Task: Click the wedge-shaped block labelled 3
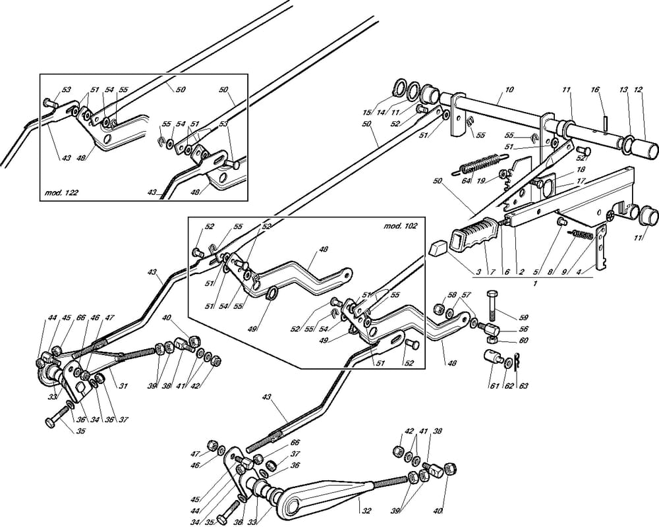[438, 249]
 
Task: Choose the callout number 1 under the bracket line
[535, 283]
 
